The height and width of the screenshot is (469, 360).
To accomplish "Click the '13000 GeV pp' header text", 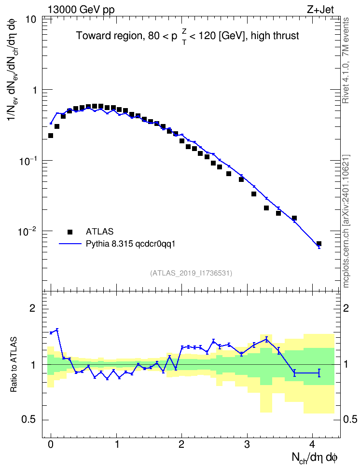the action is tap(81, 10).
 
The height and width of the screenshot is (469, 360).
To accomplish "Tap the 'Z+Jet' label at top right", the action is tap(320, 10).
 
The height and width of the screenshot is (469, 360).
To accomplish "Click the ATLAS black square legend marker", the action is tap(70, 232).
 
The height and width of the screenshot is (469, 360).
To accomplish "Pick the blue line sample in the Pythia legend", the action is tap(70, 244).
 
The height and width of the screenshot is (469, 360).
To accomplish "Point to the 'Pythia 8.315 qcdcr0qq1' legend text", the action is tap(130, 244).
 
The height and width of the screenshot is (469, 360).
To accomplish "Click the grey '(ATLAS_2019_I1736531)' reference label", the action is tap(191, 273).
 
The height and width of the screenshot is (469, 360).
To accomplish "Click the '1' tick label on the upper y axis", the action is tap(34, 90).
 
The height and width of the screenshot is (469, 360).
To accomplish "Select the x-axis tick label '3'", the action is tap(247, 444).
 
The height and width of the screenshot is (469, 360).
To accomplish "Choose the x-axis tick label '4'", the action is tap(312, 444).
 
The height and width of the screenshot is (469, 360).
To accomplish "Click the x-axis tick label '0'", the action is tap(51, 444).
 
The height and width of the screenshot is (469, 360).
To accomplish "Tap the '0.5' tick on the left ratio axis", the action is tap(29, 420).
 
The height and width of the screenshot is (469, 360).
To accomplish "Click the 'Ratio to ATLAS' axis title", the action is tap(14, 364).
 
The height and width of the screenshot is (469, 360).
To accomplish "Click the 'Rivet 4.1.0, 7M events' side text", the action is tap(346, 60).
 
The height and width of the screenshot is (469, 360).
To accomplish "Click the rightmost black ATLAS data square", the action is tap(319, 244).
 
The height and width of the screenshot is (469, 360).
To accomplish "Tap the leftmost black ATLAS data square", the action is tap(51, 136).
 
